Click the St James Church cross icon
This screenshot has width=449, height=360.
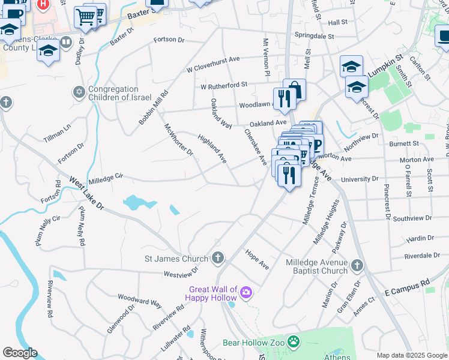pyautogui.click(x=218, y=259)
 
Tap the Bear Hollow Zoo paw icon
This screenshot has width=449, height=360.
pyautogui.click(x=294, y=343)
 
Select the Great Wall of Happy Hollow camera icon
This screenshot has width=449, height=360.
pyautogui.click(x=246, y=293)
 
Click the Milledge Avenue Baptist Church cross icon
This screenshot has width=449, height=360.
pyautogui.click(x=357, y=265)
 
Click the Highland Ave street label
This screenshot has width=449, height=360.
pyautogui.click(x=212, y=149)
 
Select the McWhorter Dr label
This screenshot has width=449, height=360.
pyautogui.click(x=179, y=139)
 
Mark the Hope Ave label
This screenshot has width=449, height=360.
pyautogui.click(x=257, y=260)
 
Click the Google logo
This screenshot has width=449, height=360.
pyautogui.click(x=20, y=353)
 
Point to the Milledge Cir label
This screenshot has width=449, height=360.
pyautogui.click(x=106, y=178)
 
